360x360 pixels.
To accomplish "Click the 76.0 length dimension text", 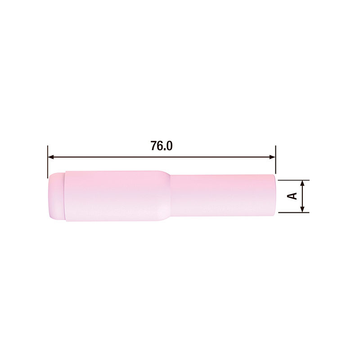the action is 162,146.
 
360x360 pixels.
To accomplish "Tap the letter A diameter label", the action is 292,196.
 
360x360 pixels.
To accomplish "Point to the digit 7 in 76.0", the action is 154,146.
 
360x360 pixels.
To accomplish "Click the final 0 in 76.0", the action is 169,146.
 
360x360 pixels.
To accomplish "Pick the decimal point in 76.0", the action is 165,150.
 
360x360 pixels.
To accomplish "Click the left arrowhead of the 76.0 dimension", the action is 50,157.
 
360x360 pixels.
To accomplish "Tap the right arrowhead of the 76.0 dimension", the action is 272,157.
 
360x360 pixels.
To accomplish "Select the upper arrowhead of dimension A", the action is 302,183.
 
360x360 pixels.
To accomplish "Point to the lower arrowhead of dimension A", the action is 302,209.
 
